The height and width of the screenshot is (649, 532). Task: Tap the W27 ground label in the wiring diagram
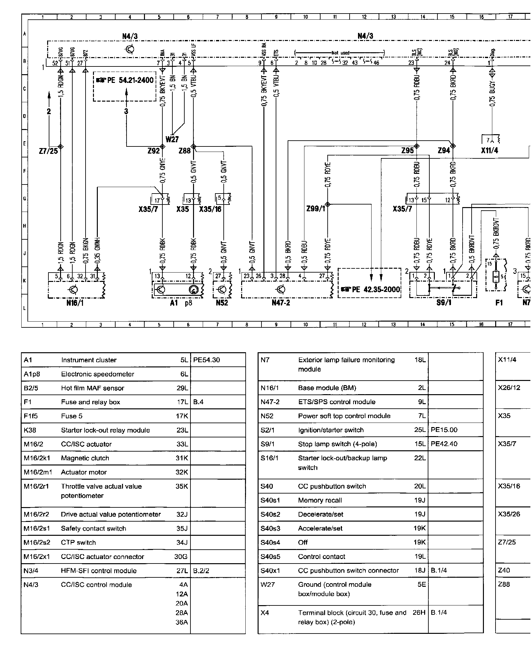pyautogui.click(x=172, y=139)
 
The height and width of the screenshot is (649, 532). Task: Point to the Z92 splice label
pyautogui.click(x=154, y=151)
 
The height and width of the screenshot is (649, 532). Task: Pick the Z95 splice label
pyautogui.click(x=407, y=151)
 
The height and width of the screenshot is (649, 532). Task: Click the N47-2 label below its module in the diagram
pyautogui.click(x=281, y=303)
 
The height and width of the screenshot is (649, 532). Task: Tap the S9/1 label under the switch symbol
pyautogui.click(x=444, y=303)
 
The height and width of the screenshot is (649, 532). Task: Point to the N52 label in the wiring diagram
pyautogui.click(x=222, y=303)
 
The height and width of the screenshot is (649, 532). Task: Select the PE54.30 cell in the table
pyautogui.click(x=207, y=360)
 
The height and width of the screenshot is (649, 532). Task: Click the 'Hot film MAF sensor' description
pyautogui.click(x=93, y=388)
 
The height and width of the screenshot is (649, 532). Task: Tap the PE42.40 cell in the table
pyautogui.click(x=444, y=444)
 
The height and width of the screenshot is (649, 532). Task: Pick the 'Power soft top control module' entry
pyautogui.click(x=344, y=416)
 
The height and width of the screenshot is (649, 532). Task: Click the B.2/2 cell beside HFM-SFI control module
pyautogui.click(x=201, y=571)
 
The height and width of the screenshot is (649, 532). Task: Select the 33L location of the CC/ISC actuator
pyautogui.click(x=182, y=444)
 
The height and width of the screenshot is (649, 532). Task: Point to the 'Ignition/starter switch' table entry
pyautogui.click(x=331, y=430)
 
